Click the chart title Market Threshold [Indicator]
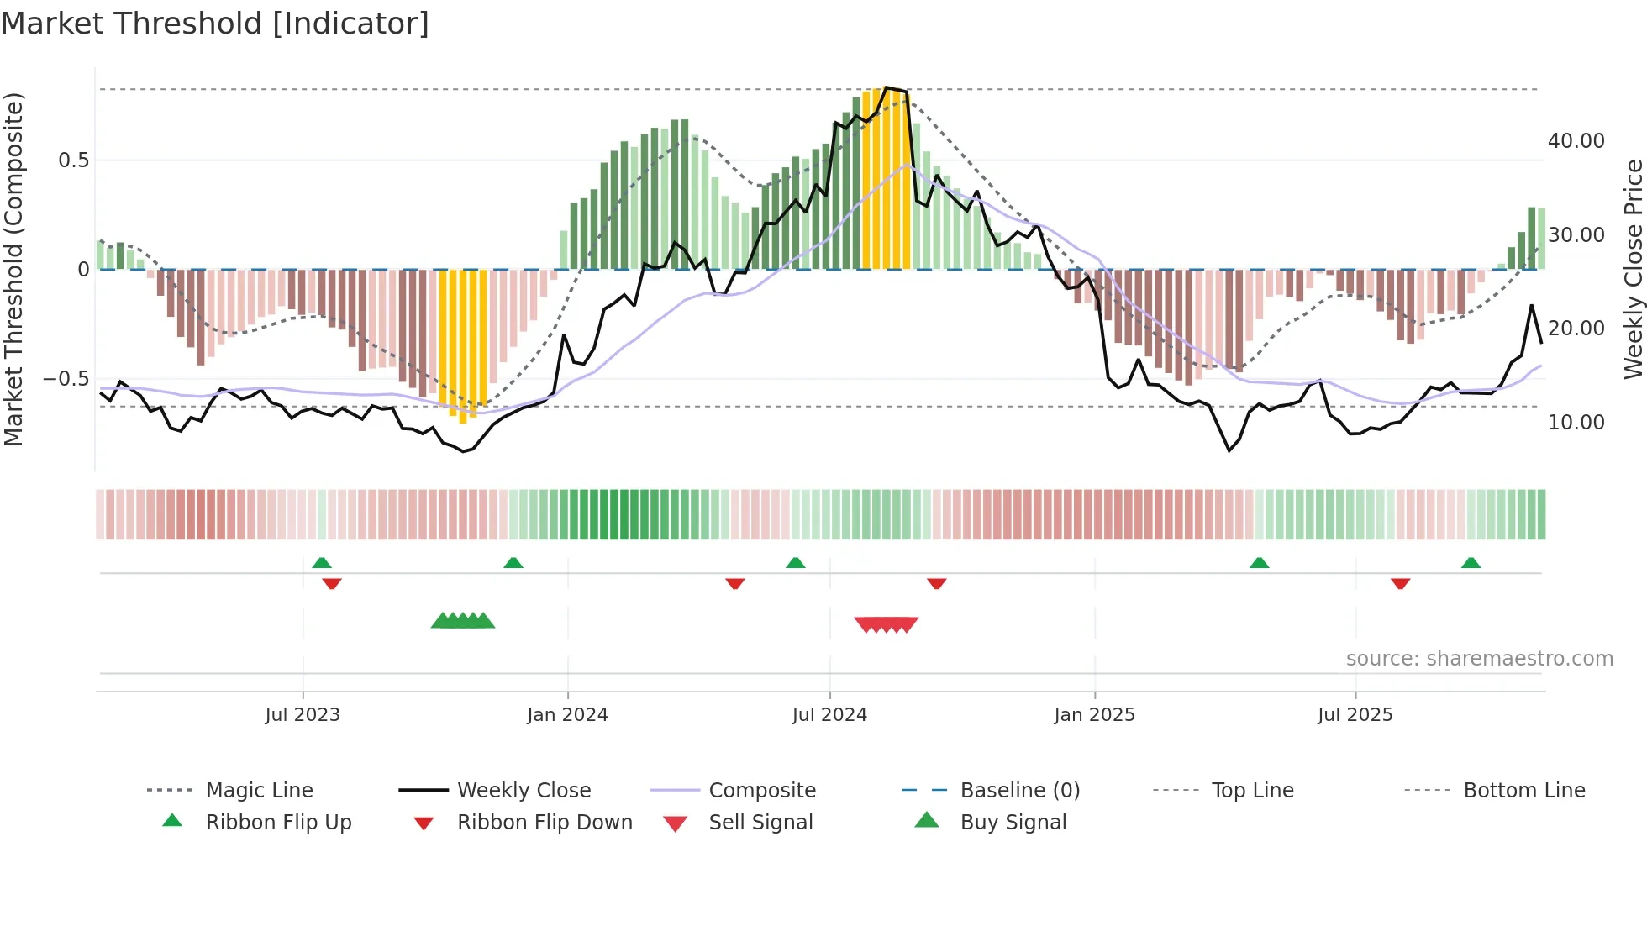215,24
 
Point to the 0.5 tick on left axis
74,160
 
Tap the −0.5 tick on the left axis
66,379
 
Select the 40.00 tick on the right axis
1576,141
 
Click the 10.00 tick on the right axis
1576,423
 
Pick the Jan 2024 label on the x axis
567,715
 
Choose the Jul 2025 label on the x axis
1355,715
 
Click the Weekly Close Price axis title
1633,269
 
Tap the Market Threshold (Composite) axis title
13,269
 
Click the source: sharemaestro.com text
1479,659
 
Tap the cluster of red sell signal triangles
886,624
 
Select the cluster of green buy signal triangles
462,621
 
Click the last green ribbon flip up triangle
1471,563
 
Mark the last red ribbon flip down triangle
1400,583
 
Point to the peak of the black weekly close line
887,87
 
